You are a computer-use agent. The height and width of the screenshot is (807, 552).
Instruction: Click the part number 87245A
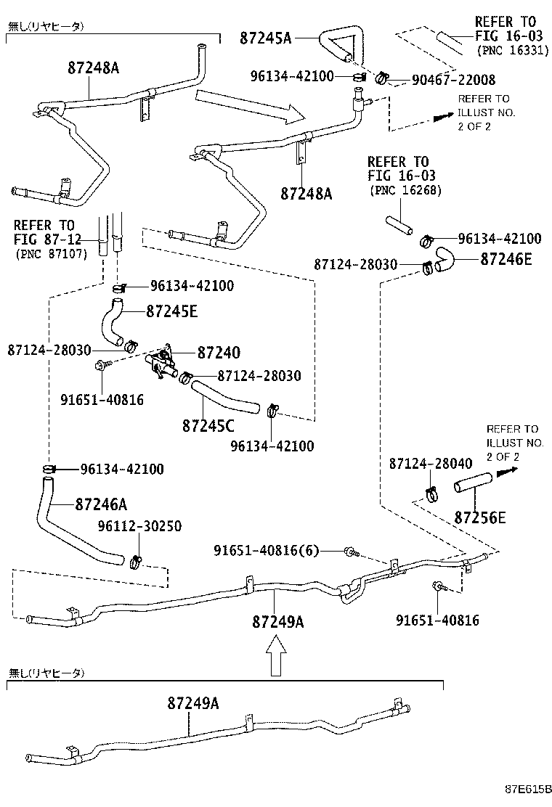265,38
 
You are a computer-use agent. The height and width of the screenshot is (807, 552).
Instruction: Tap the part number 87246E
506,259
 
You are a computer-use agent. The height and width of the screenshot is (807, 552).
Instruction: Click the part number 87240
219,352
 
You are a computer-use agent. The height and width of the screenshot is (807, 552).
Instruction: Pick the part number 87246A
101,503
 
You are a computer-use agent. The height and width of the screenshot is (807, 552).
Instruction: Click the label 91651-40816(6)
266,552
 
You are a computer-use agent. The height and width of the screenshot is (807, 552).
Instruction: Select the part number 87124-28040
431,463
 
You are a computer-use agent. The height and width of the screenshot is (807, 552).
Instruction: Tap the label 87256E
480,517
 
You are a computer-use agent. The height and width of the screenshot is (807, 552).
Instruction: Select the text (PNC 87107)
51,253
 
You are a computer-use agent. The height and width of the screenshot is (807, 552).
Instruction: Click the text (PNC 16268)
405,190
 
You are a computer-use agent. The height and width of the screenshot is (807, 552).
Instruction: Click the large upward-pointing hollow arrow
274,655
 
